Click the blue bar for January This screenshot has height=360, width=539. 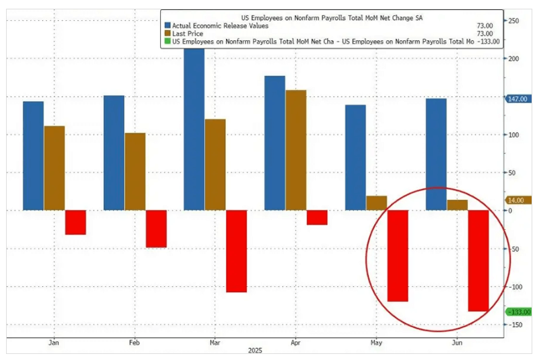[x=33, y=156]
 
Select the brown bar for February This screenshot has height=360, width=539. [x=135, y=171]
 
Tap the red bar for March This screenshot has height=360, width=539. [x=236, y=251]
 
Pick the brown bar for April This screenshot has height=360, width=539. [x=296, y=149]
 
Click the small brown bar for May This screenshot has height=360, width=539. [x=376, y=202]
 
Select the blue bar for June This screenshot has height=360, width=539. [x=436, y=154]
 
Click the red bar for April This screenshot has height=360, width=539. [x=317, y=217]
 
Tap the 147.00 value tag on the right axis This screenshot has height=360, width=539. [x=518, y=99]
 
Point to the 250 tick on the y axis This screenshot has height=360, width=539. [x=514, y=21]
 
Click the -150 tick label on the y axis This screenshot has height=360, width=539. [x=516, y=324]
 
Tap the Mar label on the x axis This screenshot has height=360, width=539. [x=215, y=342]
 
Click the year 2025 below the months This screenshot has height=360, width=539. [x=255, y=351]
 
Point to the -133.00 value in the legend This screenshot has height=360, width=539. [x=486, y=41]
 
